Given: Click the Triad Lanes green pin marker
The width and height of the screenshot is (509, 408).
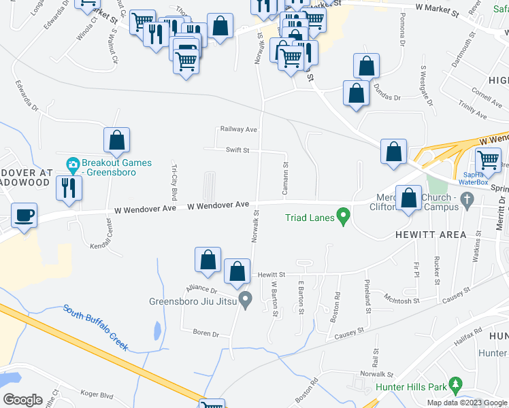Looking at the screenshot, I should [x=344, y=218].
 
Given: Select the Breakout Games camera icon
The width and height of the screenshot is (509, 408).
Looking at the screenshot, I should [x=73, y=165].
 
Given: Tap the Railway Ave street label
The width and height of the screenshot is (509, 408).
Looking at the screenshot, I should [x=237, y=129].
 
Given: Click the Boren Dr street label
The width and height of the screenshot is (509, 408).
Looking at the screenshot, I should [x=206, y=334].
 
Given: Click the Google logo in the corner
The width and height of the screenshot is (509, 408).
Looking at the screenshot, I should [x=22, y=400].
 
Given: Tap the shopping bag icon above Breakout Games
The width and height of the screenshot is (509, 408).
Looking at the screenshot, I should [x=117, y=140].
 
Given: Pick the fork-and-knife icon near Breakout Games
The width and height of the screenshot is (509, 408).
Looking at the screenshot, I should [x=68, y=187].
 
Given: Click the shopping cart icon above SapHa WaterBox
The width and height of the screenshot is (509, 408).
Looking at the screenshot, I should [x=488, y=160].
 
